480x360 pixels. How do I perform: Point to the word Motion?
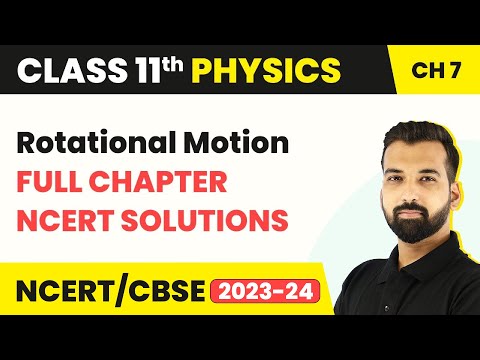click(x=236, y=143)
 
